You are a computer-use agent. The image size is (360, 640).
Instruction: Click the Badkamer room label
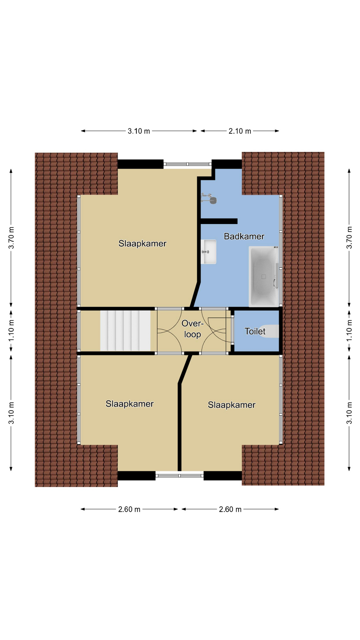(244, 236)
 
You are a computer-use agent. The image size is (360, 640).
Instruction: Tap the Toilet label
(255, 331)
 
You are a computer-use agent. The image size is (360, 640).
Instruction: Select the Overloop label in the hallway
(192, 329)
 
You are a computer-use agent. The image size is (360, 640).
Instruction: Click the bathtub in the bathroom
(264, 276)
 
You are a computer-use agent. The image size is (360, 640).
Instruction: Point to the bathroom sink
(209, 252)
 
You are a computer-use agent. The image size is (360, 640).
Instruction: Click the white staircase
(125, 330)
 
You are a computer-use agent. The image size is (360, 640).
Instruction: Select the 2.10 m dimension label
(240, 131)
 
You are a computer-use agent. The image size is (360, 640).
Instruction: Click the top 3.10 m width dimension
(139, 131)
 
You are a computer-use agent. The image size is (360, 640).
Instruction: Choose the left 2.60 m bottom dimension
(129, 509)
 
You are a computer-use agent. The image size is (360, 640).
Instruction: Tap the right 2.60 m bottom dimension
(230, 509)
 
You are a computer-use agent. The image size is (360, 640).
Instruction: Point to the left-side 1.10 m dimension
(11, 330)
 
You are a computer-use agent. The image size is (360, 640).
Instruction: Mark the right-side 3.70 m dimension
(349, 237)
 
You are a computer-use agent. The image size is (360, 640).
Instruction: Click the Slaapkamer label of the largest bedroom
(142, 243)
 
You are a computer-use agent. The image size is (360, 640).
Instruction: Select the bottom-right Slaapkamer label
(232, 405)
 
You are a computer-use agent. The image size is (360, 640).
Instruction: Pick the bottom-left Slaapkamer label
(130, 404)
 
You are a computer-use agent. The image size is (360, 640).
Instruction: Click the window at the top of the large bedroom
(187, 164)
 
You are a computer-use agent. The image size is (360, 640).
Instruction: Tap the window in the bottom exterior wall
(180, 475)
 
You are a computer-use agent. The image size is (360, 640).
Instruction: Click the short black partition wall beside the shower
(219, 221)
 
